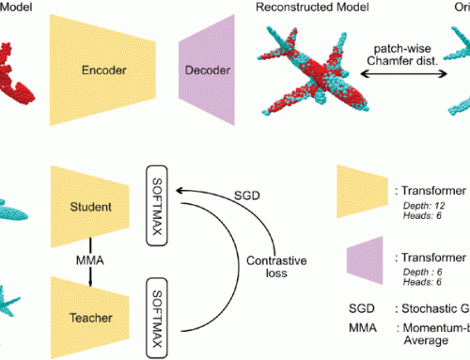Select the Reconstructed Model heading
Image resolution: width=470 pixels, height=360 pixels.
(x=312, y=8)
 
